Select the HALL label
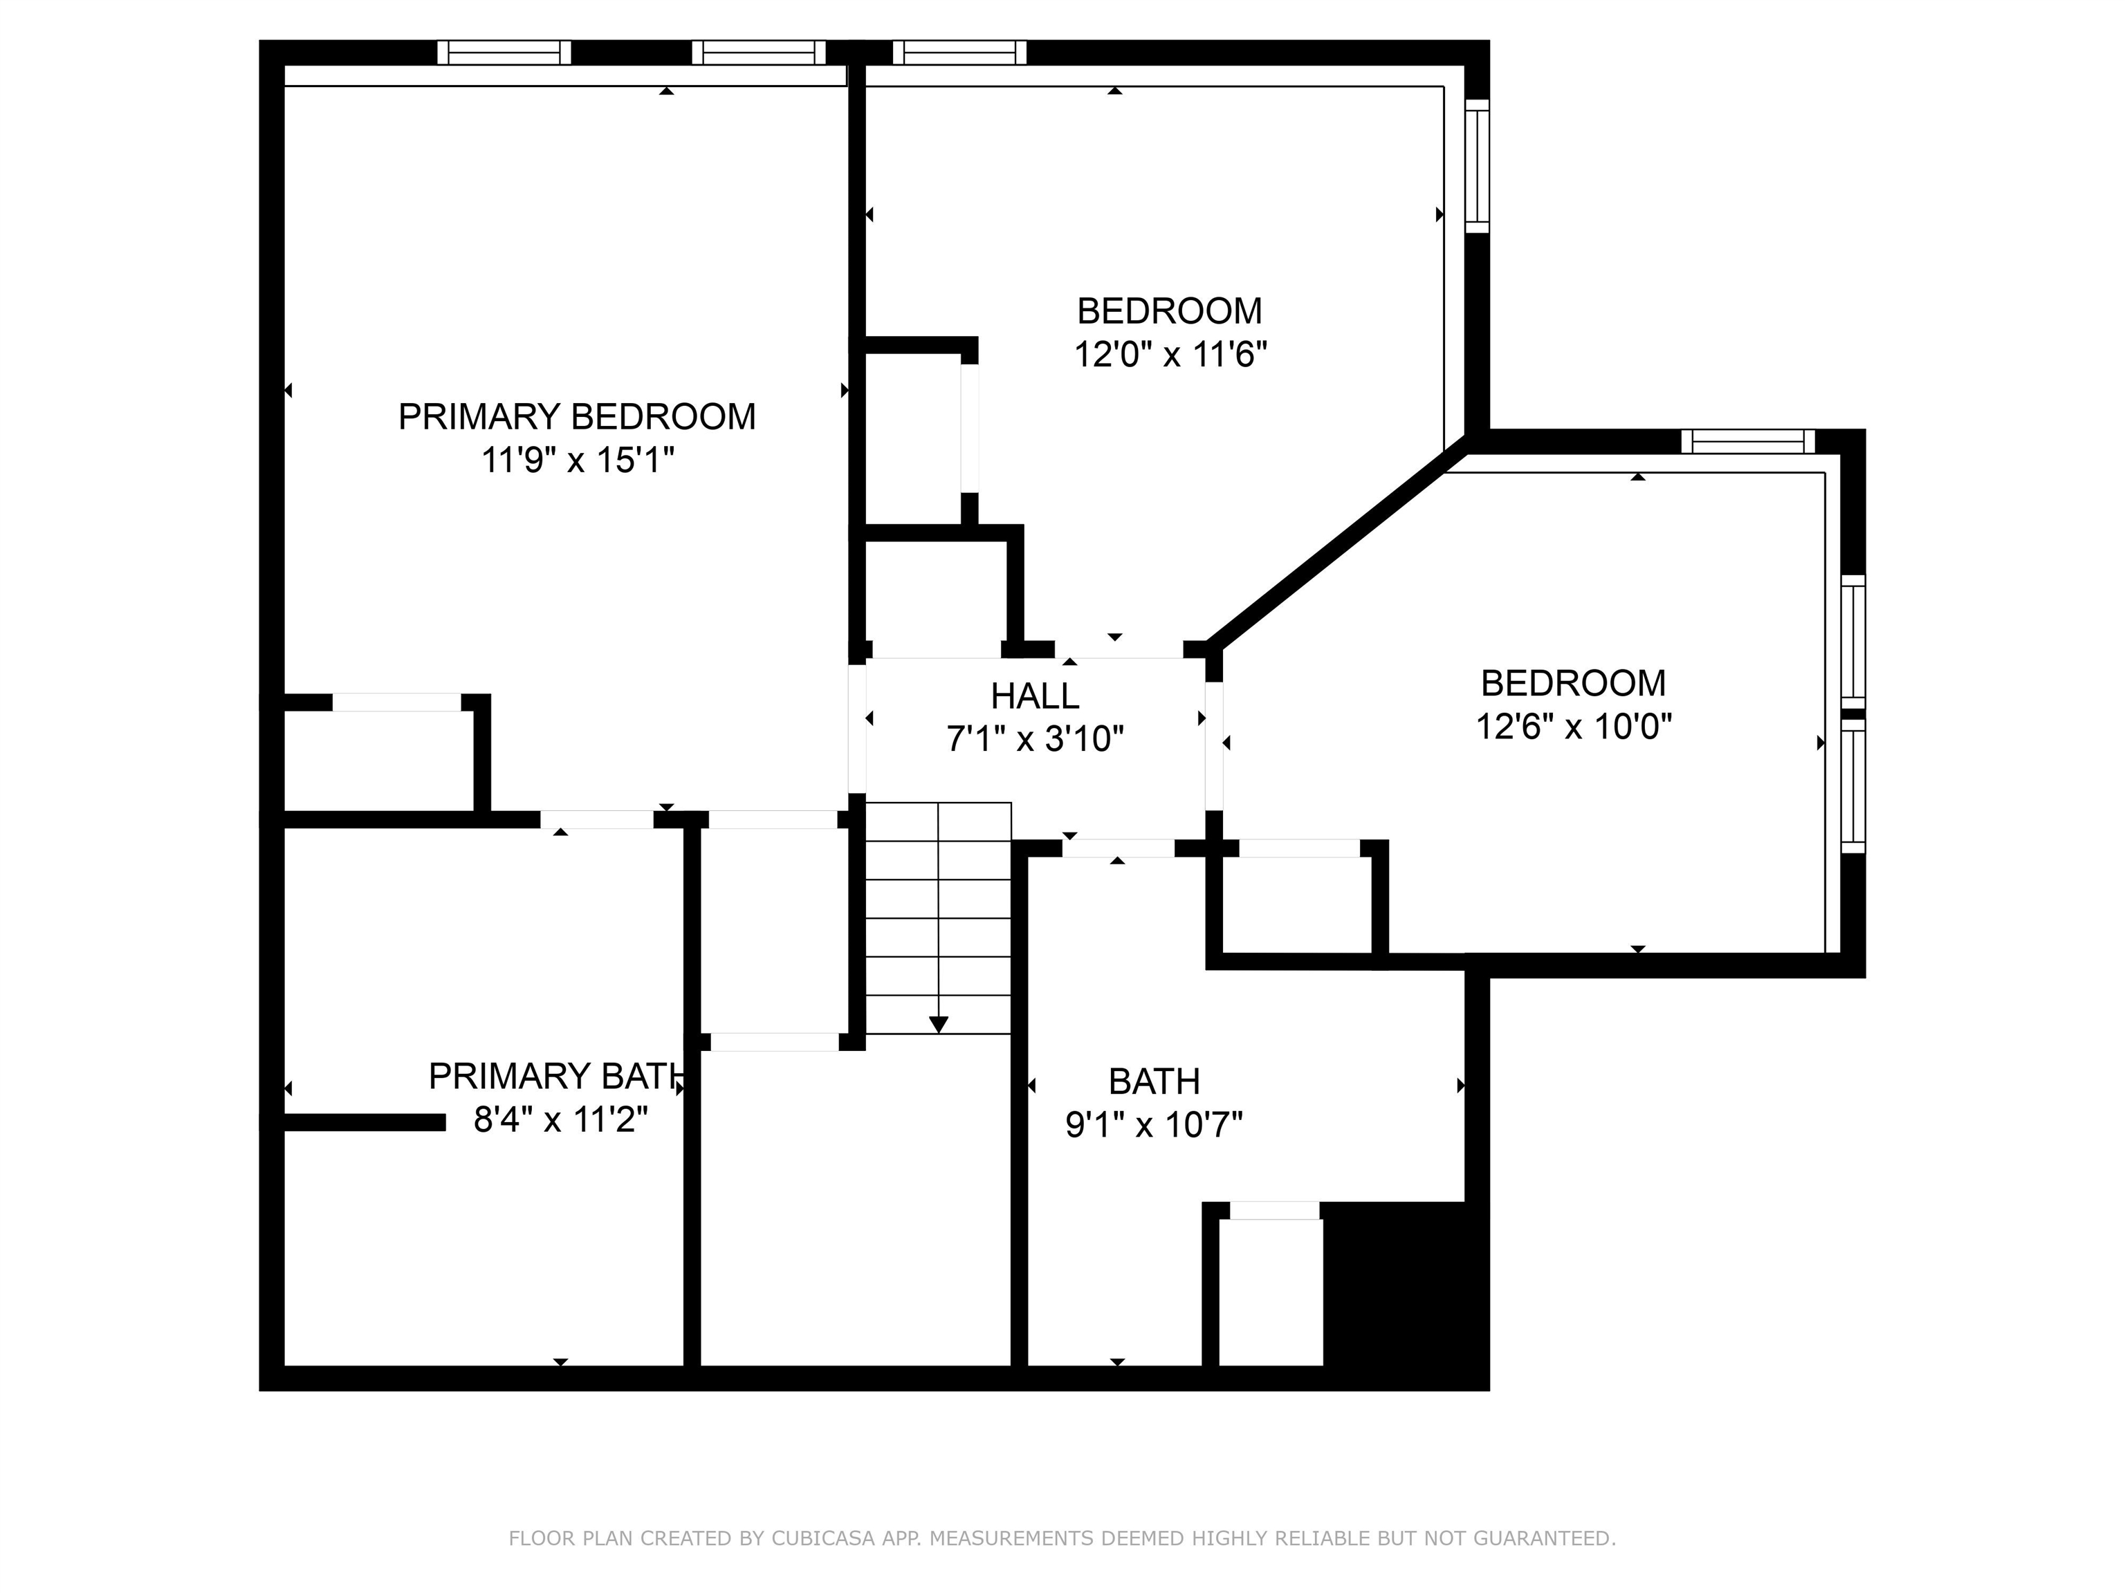point(1035,695)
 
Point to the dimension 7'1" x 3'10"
point(1035,738)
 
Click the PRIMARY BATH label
point(556,1077)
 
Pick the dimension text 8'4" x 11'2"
point(560,1119)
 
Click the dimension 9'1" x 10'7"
point(1153,1124)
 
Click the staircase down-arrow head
point(939,1025)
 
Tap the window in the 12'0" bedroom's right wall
point(1477,166)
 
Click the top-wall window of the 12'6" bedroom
point(1747,442)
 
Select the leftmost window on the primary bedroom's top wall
point(504,53)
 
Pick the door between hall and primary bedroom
point(857,729)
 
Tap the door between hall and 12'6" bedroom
point(1214,745)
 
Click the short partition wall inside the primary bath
point(365,1121)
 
